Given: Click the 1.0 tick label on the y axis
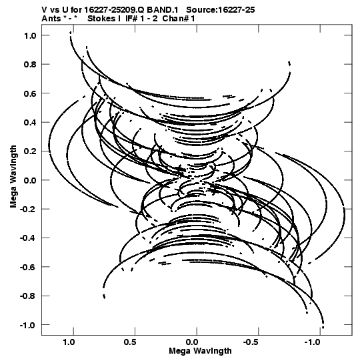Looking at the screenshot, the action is point(30,35).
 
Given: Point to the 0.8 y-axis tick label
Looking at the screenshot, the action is point(30,65).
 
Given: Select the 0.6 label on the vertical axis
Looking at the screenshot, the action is point(30,93).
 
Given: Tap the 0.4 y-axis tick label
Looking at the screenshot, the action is point(30,123).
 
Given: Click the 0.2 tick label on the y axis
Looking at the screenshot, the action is point(30,151).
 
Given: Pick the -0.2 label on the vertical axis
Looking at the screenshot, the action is point(28,210).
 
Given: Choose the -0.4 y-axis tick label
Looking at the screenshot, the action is point(28,238).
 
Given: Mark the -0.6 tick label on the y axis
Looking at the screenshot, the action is point(28,267).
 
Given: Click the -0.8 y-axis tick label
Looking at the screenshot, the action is point(28,296).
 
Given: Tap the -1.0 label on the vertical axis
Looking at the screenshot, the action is point(28,325).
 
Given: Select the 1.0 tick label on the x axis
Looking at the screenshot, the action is point(69,342).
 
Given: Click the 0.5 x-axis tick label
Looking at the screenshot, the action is point(130,342).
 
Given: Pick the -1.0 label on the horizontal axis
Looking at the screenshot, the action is point(313,342).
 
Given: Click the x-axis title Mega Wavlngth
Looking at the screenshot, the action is point(200,352).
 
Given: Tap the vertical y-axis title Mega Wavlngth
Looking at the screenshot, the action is point(13,177).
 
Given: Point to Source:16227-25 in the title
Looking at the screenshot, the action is point(221,10).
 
